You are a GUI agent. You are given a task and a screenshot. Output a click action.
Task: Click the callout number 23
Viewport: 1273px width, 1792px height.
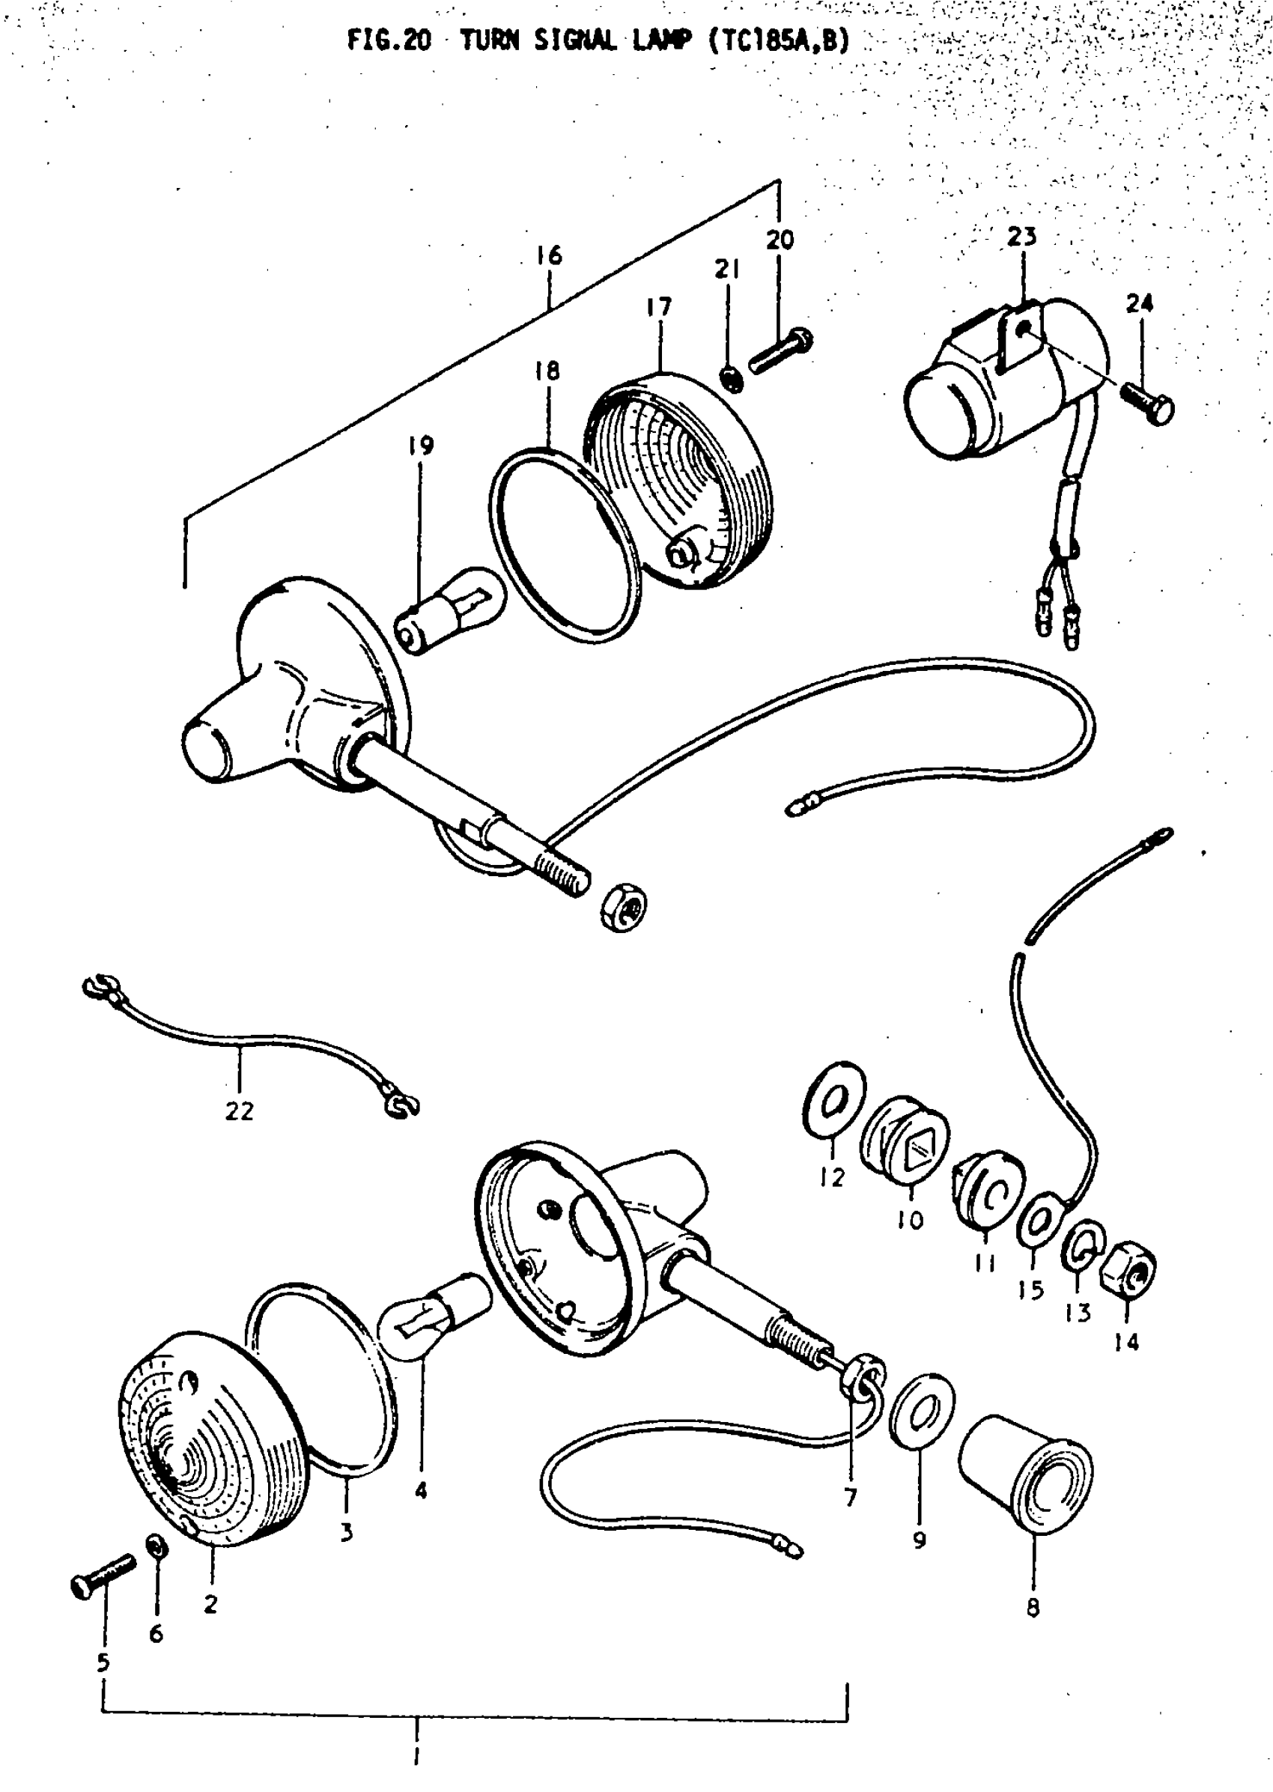1021,237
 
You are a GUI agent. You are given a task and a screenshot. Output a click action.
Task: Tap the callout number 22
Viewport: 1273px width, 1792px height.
239,1111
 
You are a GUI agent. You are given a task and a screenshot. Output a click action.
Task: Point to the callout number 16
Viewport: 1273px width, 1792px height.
549,255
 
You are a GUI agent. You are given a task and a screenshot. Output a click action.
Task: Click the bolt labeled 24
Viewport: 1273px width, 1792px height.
1148,402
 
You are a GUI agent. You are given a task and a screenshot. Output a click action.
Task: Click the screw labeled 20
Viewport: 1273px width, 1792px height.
781,352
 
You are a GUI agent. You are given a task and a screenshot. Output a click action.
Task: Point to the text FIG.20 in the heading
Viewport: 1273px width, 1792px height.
389,40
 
